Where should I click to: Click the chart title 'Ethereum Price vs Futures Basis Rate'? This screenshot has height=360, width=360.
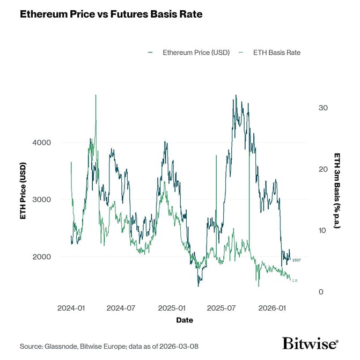point(111,14)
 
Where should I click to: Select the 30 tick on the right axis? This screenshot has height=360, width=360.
point(323,108)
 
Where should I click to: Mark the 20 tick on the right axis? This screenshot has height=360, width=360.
point(323,169)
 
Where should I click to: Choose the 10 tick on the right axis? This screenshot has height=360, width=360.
point(323,230)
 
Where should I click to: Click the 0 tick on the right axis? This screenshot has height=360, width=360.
point(321,292)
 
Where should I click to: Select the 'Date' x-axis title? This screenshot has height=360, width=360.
point(185,320)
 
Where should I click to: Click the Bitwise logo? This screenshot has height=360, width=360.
point(310,344)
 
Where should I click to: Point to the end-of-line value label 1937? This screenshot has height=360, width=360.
point(296,260)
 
